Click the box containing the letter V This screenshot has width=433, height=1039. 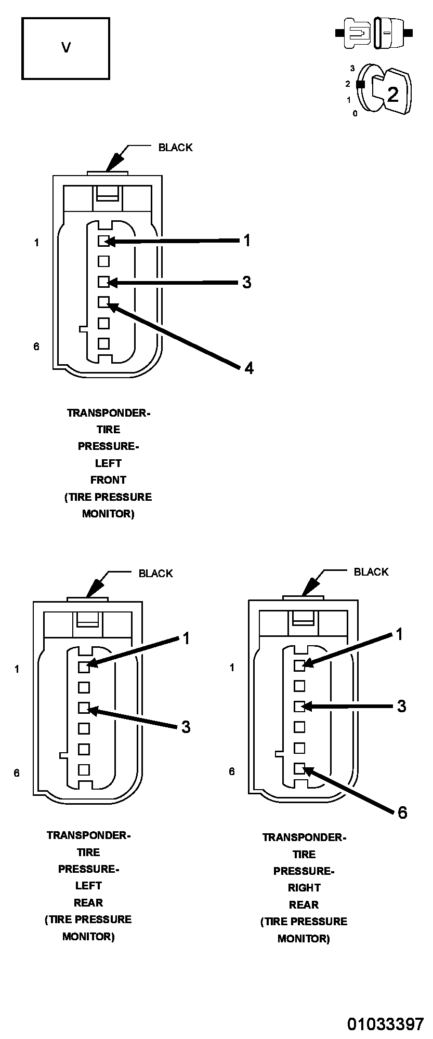coord(65,48)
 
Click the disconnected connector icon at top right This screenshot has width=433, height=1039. coord(374,33)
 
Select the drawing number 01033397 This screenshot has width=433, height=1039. coord(386,1023)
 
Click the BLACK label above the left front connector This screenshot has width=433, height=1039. coord(175,148)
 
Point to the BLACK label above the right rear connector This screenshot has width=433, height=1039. coord(371,572)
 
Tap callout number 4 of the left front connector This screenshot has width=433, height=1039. coord(249,368)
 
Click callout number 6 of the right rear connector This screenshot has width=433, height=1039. coord(402,812)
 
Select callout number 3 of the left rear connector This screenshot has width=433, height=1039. coord(186,727)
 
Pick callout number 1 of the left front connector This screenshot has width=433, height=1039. coord(247,240)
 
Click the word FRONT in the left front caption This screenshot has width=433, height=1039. coord(108,480)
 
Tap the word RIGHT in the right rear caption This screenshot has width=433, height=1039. coord(304,888)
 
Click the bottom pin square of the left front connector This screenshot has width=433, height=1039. coord(103,343)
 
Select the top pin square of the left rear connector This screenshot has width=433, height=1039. coord(84,667)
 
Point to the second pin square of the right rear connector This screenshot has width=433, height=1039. coord(299,686)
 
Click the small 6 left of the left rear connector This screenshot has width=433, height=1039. coord(17,773)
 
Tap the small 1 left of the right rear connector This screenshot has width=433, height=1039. coord(232,668)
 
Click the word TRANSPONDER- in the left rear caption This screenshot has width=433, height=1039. coord(88,835)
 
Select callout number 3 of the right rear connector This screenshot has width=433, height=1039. coord(401,706)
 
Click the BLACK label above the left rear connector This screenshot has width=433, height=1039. coord(155,574)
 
